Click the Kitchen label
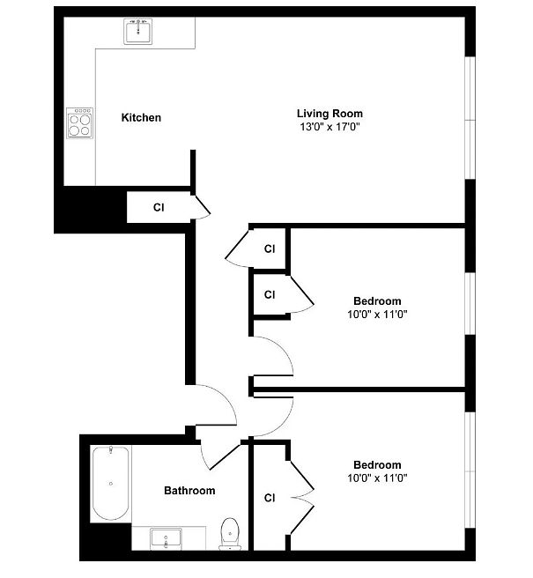(x=141, y=117)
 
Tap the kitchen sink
(x=137, y=32)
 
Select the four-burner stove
(x=79, y=123)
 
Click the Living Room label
(x=329, y=113)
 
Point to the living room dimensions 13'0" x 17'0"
(x=329, y=127)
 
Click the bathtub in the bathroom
(x=111, y=483)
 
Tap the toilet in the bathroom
(x=230, y=534)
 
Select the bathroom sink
(x=166, y=539)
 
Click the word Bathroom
(x=189, y=491)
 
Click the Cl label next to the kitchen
(x=159, y=208)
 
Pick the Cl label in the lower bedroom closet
(x=270, y=498)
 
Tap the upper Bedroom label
(x=377, y=300)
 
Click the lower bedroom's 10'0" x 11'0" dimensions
(x=377, y=478)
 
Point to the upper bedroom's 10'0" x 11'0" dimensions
(x=377, y=315)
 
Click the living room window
(x=470, y=118)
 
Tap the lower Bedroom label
(x=377, y=464)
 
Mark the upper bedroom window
(x=470, y=304)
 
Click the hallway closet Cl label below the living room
(x=270, y=248)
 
